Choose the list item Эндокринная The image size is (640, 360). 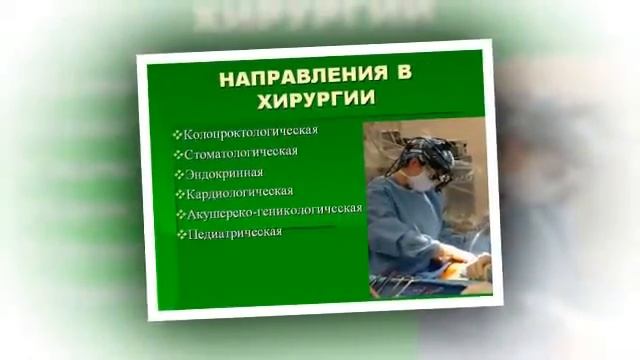(x=223, y=172)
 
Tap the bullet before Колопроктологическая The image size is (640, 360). (x=177, y=133)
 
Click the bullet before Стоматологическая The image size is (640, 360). (x=177, y=153)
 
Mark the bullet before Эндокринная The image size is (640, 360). (x=177, y=173)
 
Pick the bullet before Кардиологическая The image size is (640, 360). (x=179, y=193)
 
